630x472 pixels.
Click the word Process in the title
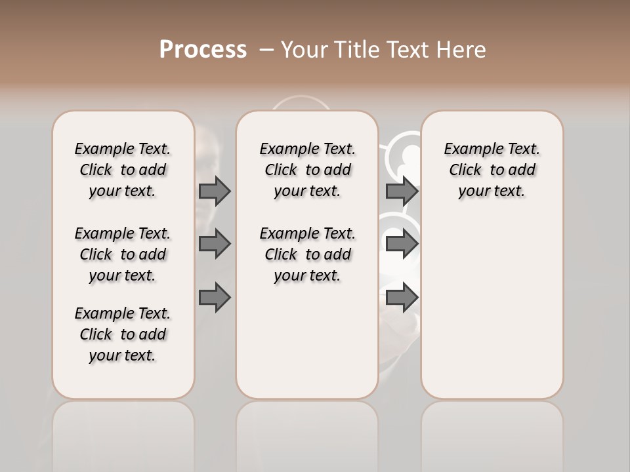202,50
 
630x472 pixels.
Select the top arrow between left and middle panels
215,191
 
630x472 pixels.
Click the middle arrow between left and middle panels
215,244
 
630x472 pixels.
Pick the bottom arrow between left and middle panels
215,297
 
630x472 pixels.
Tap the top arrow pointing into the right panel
402,191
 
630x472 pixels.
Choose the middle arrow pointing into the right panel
402,244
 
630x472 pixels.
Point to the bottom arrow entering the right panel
402,297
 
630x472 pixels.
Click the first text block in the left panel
123,170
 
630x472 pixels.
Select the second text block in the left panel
123,254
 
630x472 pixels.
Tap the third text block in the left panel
123,334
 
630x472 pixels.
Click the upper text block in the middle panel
307,170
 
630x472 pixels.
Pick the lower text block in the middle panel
307,254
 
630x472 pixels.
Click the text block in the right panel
492,170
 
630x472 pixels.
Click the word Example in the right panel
469,149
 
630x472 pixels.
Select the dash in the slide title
266,50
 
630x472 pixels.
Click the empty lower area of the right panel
492,308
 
